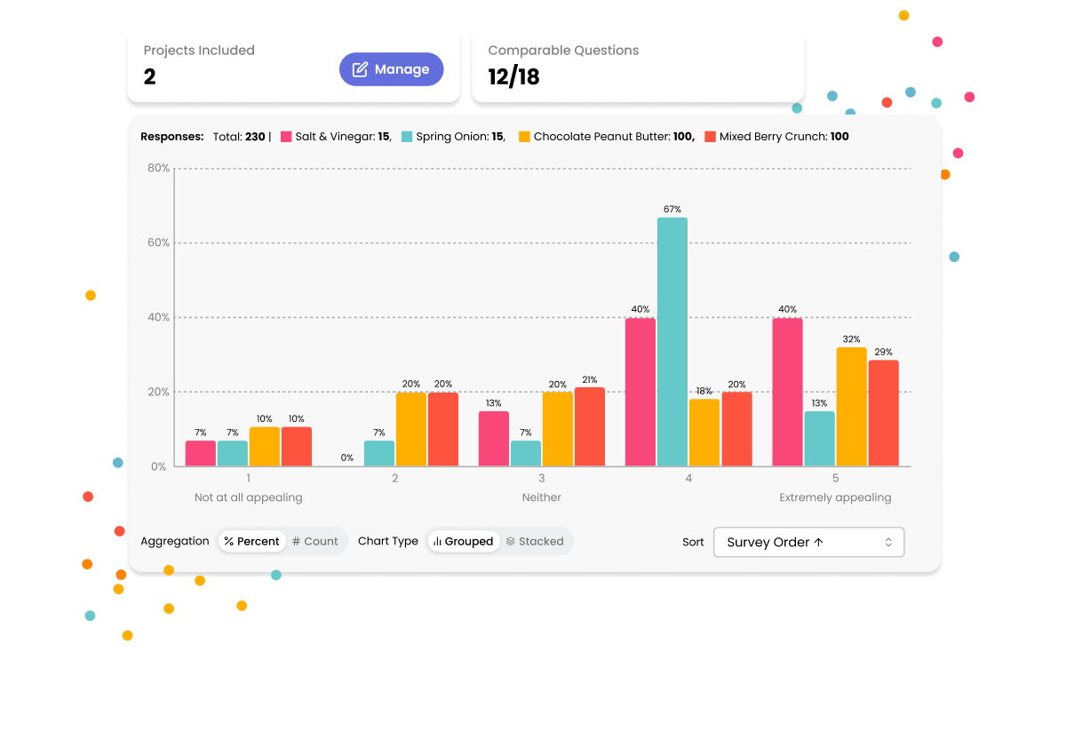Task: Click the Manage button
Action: pos(391,69)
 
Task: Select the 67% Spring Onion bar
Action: pos(672,342)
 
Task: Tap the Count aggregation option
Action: pos(315,541)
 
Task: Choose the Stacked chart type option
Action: pos(535,541)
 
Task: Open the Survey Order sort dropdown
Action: pos(808,542)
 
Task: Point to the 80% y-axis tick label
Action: pos(158,168)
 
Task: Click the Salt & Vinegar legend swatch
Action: pos(287,137)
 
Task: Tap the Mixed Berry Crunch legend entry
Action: pos(776,137)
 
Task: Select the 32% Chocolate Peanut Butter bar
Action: pos(851,407)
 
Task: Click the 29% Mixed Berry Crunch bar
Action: pos(883,413)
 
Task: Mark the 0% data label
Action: pos(347,458)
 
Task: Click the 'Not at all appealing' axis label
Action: pos(248,497)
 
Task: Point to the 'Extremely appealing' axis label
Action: pos(834,497)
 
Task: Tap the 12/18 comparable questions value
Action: pos(513,77)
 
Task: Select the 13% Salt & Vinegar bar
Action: pos(494,439)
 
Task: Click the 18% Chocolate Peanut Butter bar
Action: pos(704,433)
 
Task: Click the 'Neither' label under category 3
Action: pos(541,497)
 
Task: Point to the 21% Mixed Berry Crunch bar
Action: pos(590,426)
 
